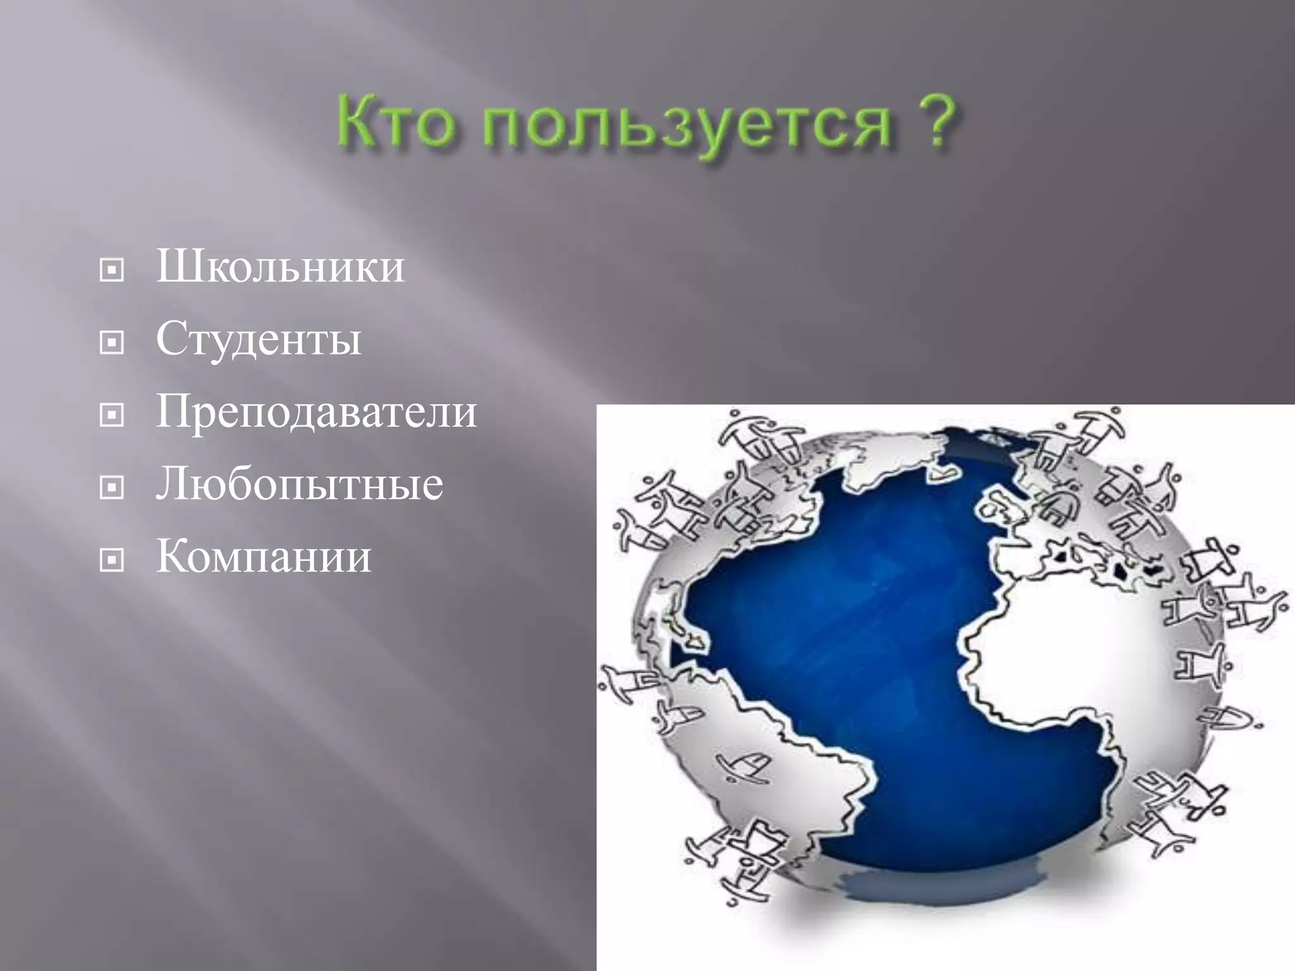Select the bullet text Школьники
coord(280,267)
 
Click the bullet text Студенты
coord(259,339)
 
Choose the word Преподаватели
coord(316,412)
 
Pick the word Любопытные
coord(300,485)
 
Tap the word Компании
coord(264,557)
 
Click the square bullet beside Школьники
coord(112,271)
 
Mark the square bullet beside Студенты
coord(112,343)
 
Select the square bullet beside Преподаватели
coord(112,415)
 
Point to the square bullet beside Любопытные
coord(112,487)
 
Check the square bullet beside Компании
coord(112,559)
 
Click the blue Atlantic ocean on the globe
coord(854,601)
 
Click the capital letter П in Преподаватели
coord(175,412)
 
